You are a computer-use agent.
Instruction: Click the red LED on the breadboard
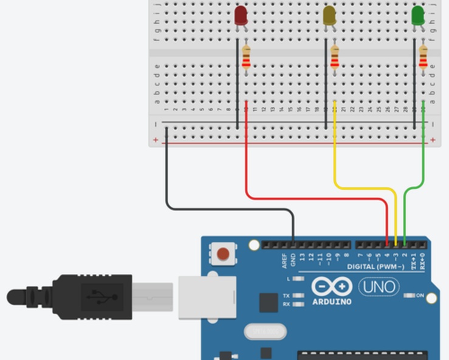pos(241,15)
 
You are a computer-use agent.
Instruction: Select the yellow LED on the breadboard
pos(329,15)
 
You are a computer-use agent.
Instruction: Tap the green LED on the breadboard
pos(418,15)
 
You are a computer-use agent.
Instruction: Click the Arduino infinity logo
pos(332,286)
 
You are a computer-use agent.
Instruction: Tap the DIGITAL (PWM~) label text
pos(377,267)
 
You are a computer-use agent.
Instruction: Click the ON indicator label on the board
pos(420,296)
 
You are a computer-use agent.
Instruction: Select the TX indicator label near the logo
pos(286,296)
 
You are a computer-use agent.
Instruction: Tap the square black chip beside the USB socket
pos(269,303)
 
